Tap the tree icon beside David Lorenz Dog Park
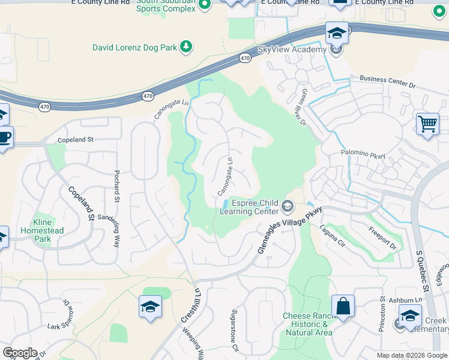[186, 46]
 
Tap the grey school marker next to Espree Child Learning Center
[288, 207]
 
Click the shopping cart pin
[427, 124]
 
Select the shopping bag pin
[342, 306]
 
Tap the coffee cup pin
[4, 138]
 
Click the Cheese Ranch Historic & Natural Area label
[307, 325]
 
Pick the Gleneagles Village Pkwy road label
[290, 231]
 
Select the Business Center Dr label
[387, 82]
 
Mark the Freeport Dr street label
[383, 238]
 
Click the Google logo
[20, 353]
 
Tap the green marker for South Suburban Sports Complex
[205, 5]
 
